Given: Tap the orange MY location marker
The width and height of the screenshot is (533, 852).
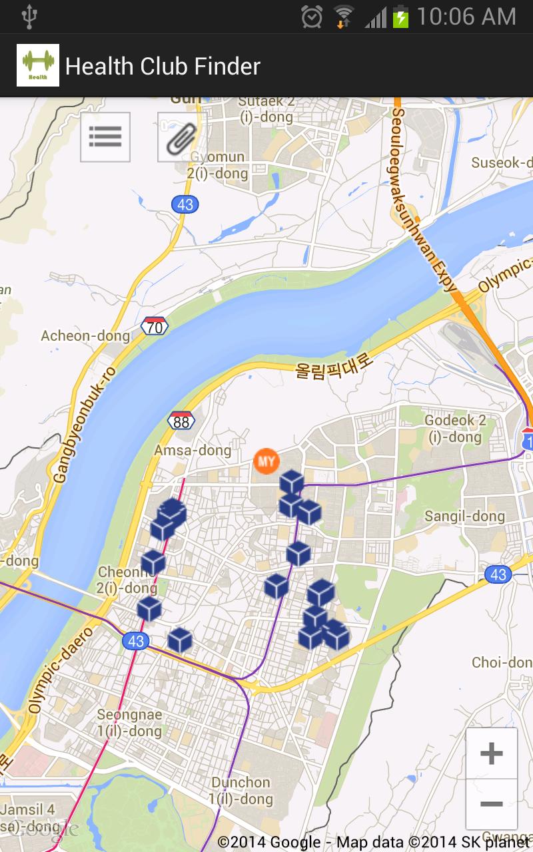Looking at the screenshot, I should (x=266, y=461).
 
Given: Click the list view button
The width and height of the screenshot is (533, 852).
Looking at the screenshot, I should (x=105, y=137).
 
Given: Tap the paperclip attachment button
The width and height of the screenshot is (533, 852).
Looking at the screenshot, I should (x=181, y=137).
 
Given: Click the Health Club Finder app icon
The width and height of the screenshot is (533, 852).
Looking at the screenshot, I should (x=38, y=65).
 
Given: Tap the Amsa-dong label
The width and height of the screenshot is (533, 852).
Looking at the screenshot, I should (x=193, y=451).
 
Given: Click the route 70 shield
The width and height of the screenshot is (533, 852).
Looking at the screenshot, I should (x=155, y=326).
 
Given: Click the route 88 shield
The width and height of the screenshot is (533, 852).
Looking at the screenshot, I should (x=181, y=420).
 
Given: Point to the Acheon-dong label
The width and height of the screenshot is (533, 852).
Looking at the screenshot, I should (x=85, y=335).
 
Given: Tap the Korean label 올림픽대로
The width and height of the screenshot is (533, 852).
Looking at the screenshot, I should (x=335, y=365).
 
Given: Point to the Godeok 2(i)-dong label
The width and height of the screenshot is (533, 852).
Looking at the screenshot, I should (x=456, y=429).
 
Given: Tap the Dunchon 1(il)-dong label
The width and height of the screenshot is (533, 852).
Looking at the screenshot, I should (x=241, y=790).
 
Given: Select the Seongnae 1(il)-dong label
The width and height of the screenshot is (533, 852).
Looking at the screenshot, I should (x=129, y=722).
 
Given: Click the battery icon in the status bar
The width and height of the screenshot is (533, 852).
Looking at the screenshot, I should (x=400, y=17).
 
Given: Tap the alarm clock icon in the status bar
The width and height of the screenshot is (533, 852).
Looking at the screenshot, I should (x=311, y=17).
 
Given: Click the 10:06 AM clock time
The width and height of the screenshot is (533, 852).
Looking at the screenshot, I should (x=466, y=17).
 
